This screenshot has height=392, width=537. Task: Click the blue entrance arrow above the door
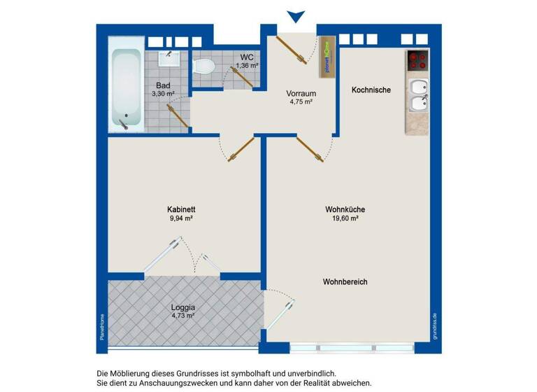[x=296, y=16]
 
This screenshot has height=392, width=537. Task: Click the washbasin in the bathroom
[x=168, y=57]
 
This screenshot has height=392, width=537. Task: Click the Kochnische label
[x=371, y=90]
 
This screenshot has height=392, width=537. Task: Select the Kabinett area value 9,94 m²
[x=180, y=218]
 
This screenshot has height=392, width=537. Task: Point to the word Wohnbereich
[x=345, y=281]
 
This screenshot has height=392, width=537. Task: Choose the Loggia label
[x=182, y=307]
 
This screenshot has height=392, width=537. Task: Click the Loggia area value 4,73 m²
[x=182, y=316]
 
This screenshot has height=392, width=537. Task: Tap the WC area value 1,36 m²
[x=248, y=65]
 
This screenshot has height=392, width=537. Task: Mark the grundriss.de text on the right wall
[x=435, y=325]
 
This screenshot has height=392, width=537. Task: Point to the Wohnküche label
[x=345, y=209]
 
